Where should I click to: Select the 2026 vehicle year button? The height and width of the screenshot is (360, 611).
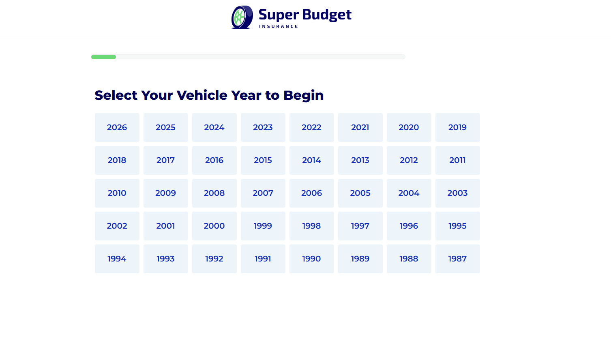click(x=117, y=127)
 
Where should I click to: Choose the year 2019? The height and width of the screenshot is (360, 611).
click(x=457, y=127)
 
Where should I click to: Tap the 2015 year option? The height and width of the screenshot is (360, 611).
click(x=263, y=161)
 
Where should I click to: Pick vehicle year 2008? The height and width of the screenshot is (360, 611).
click(x=214, y=193)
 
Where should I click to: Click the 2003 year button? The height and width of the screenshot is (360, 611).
click(x=457, y=193)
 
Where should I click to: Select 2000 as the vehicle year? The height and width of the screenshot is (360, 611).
click(x=214, y=226)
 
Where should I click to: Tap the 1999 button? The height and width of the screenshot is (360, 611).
click(x=263, y=226)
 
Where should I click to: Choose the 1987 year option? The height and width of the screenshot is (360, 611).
click(x=457, y=259)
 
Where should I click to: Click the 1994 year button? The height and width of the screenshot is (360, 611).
click(x=117, y=259)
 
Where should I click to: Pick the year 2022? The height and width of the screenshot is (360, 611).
click(x=311, y=127)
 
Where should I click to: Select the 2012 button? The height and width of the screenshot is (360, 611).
click(x=409, y=161)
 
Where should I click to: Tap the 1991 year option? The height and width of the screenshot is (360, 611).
click(x=263, y=259)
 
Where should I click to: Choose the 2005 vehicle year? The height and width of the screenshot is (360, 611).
click(x=360, y=193)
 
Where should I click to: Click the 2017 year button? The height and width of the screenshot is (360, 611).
click(x=165, y=161)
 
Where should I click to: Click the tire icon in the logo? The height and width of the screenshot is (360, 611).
click(x=242, y=17)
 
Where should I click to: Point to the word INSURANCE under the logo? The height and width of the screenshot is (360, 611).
click(x=279, y=26)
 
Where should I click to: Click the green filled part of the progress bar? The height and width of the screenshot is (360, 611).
click(x=103, y=57)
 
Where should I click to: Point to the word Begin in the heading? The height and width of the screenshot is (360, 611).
click(x=303, y=96)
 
